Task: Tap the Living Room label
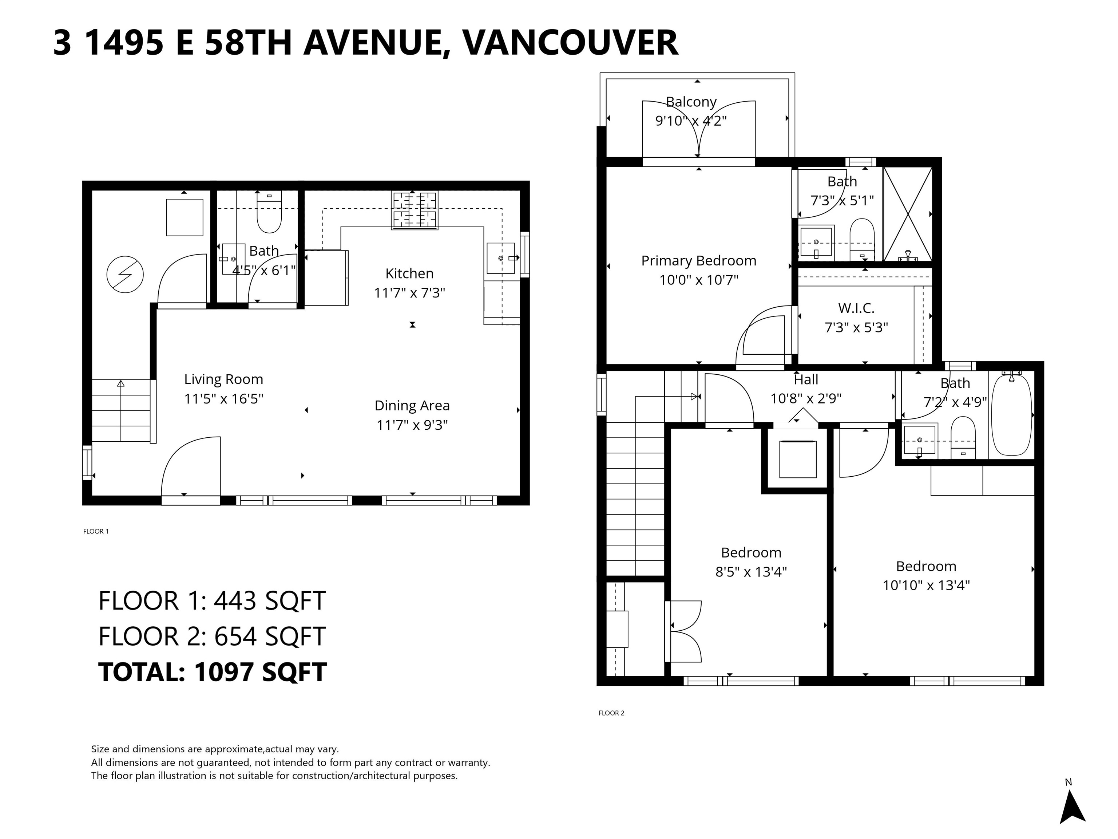point(223,379)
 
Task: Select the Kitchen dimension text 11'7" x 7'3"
point(409,293)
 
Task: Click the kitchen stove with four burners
point(415,210)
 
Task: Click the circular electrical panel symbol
point(125,275)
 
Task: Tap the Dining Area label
point(412,406)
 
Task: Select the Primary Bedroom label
point(698,261)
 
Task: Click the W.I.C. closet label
point(856,308)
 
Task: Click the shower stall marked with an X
point(907,214)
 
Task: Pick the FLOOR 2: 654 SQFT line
point(212,636)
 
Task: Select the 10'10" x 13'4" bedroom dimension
point(926,586)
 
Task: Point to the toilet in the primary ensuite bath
point(862,238)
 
